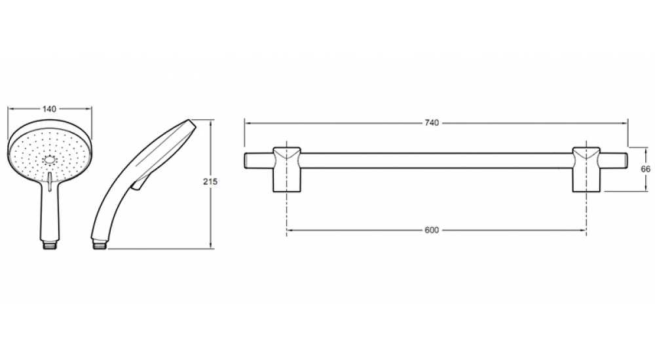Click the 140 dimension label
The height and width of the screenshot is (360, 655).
pyautogui.click(x=49, y=109)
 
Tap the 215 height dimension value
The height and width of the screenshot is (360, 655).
pyautogui.click(x=210, y=182)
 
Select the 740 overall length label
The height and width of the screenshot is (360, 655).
pyautogui.click(x=432, y=123)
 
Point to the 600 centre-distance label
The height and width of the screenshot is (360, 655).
pyautogui.click(x=432, y=230)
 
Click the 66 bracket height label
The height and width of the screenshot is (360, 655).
pyautogui.click(x=645, y=169)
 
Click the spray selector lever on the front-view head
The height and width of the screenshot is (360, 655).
pyautogui.click(x=50, y=182)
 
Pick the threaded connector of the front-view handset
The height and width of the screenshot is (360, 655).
pyautogui.click(x=50, y=245)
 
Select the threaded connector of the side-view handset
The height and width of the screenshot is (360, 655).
pyautogui.click(x=100, y=244)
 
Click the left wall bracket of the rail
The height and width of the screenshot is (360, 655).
pyautogui.click(x=287, y=169)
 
